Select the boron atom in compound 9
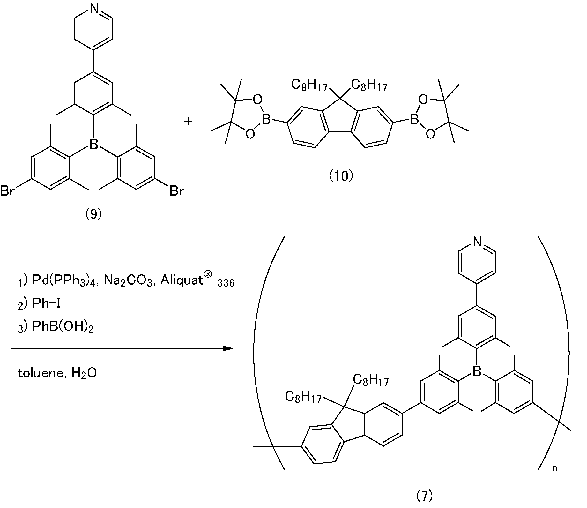(x=93, y=144)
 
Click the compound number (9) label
(x=93, y=215)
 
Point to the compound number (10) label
(x=341, y=176)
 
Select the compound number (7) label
(x=425, y=496)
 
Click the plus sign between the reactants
(x=188, y=122)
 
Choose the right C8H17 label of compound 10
(x=369, y=85)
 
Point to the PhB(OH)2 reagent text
(x=63, y=326)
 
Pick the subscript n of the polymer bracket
(x=555, y=469)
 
